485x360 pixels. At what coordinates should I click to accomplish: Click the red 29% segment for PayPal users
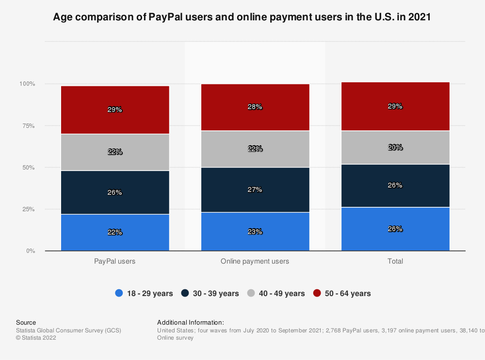[115, 110]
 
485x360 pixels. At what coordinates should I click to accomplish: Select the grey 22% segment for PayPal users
[115, 152]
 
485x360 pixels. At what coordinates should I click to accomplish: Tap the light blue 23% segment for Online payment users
[255, 232]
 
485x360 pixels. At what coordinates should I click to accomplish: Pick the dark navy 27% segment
[255, 189]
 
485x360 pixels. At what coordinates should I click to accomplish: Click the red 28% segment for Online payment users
[255, 107]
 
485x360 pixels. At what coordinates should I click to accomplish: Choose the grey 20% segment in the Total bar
[395, 147]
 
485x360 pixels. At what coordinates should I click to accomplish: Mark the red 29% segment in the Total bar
[395, 106]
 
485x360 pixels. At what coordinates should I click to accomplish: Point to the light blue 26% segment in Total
[395, 229]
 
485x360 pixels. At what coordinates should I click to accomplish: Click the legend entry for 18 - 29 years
[144, 293]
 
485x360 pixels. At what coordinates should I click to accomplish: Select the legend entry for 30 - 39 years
[210, 293]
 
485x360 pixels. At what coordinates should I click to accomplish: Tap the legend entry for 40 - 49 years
[276, 293]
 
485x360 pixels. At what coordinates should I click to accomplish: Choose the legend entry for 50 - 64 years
[342, 293]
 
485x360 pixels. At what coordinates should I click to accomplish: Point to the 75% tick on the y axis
[28, 126]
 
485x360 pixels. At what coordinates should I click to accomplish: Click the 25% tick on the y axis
[28, 209]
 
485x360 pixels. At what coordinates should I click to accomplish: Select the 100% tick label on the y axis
[27, 84]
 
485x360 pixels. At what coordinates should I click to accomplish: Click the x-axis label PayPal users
[115, 261]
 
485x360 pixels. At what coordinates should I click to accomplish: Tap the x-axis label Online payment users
[255, 261]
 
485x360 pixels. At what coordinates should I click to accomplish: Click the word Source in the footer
[26, 322]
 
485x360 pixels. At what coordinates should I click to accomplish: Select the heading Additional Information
[191, 322]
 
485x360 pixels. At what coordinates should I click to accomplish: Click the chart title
[242, 17]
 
